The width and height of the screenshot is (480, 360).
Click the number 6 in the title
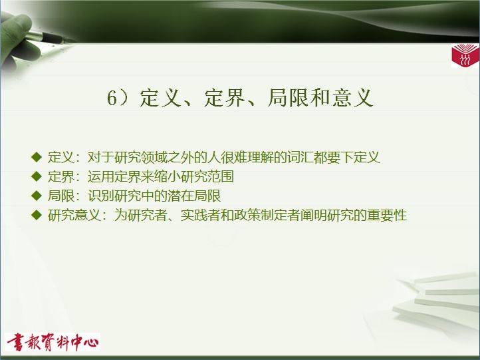click(x=112, y=98)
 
